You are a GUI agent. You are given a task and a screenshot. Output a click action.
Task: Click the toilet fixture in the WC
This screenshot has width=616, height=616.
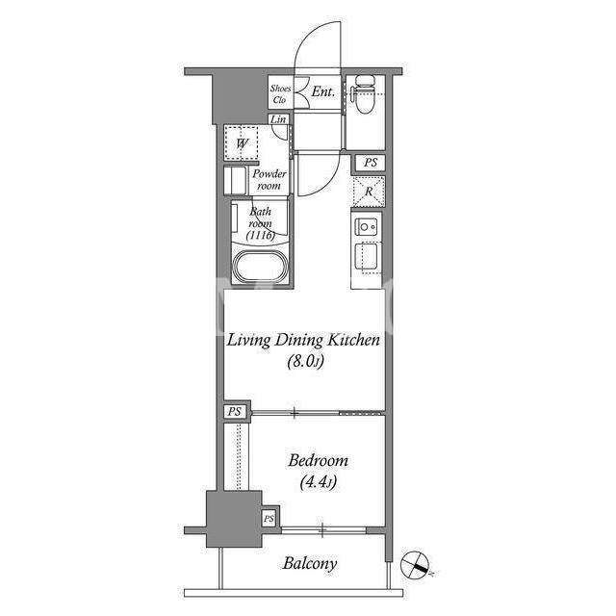[364, 93]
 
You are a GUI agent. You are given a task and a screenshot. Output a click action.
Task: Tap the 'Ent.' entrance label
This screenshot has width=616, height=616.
[323, 92]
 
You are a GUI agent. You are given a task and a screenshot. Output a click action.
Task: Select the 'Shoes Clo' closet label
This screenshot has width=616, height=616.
[280, 94]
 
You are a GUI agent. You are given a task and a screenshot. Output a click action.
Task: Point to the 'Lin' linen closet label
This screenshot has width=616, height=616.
[278, 119]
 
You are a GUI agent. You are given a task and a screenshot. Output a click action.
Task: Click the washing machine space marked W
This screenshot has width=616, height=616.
[242, 143]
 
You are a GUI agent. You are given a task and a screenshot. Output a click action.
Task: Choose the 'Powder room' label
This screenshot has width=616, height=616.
[269, 180]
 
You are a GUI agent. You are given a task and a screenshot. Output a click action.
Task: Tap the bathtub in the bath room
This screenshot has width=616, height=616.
[260, 268]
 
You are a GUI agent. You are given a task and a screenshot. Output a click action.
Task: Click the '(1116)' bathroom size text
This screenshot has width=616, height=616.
[260, 235]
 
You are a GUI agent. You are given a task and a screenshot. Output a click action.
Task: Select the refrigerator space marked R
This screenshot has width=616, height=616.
[368, 192]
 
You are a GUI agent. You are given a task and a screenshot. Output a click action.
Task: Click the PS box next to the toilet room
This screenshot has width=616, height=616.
[370, 163]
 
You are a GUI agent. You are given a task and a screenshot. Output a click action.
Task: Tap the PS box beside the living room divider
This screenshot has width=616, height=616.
[235, 412]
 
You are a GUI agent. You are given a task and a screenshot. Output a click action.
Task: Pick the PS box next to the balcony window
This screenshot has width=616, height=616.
[269, 519]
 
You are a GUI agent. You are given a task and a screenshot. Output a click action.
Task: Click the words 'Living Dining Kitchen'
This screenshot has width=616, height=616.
[303, 340]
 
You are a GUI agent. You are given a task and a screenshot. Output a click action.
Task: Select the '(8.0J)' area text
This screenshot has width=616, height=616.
[306, 361]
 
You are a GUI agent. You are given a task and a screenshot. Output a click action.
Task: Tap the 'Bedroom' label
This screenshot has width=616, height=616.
[318, 460]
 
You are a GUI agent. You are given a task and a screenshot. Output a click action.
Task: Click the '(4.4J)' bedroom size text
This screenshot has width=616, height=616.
[319, 481]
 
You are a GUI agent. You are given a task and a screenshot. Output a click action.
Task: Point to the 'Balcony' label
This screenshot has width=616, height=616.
[310, 564]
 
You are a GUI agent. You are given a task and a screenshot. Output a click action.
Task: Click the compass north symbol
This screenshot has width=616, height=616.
[415, 565]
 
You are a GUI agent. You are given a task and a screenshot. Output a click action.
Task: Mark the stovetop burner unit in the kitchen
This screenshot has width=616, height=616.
[368, 227]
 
